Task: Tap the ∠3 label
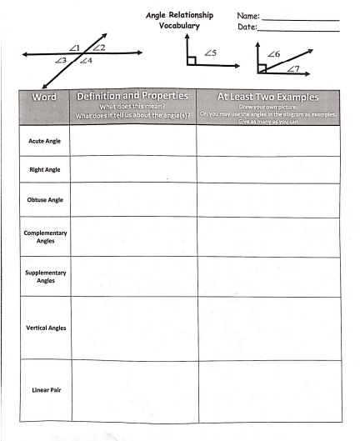click(x=59, y=61)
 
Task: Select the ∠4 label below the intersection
click(x=86, y=62)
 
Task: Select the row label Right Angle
click(x=43, y=170)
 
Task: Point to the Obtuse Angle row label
click(x=43, y=200)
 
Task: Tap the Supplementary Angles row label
click(x=43, y=277)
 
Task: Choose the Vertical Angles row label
click(x=43, y=328)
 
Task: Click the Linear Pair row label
click(x=43, y=388)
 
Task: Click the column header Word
click(x=43, y=98)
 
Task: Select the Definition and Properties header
click(x=132, y=97)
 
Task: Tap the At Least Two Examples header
click(x=267, y=97)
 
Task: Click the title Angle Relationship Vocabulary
click(x=180, y=21)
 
